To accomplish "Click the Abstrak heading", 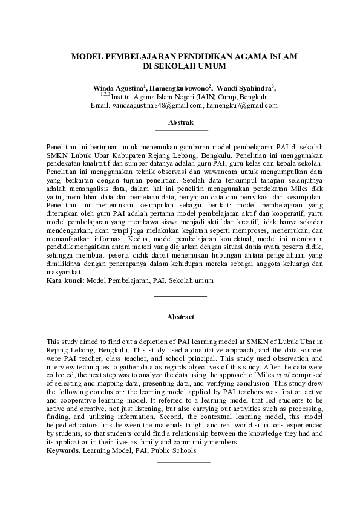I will click(x=181, y=122).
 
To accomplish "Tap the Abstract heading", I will click(x=181, y=317).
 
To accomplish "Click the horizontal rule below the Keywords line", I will click(x=183, y=462).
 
